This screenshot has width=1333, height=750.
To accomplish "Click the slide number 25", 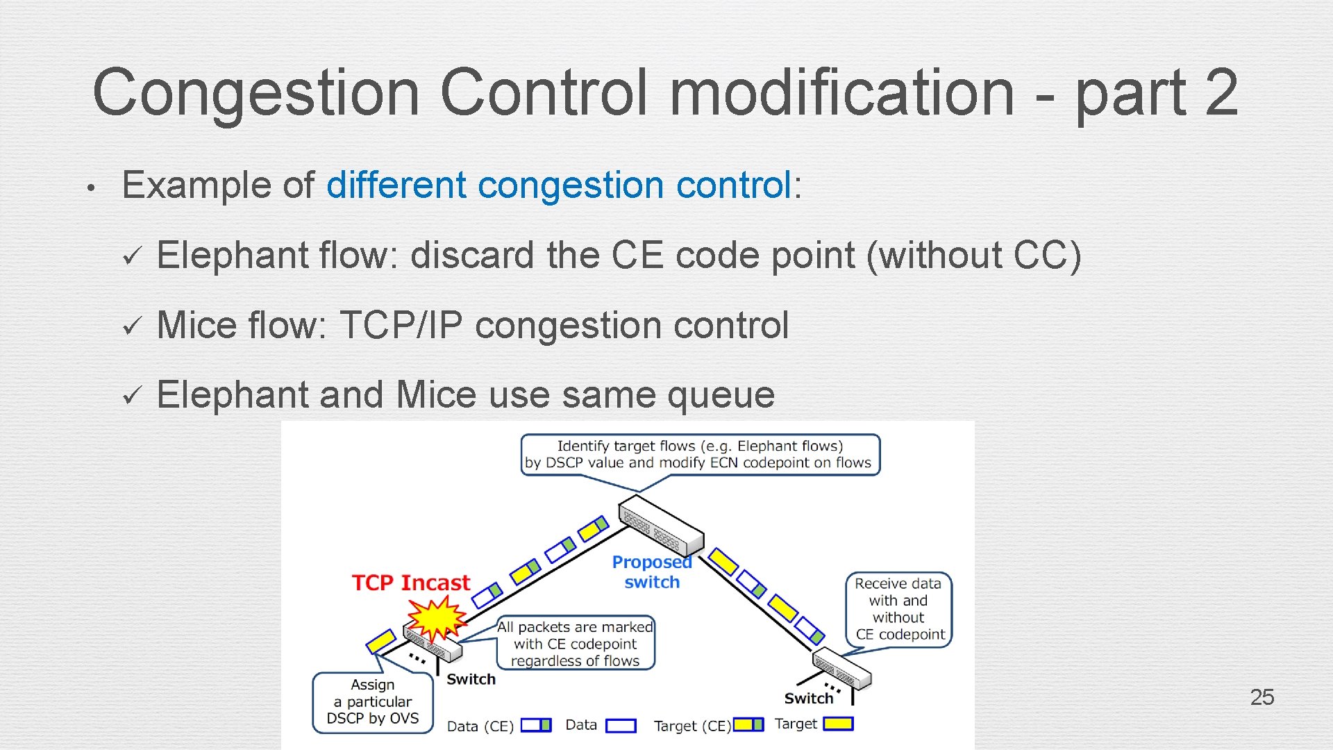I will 1261,697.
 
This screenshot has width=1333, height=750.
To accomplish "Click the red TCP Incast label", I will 410,583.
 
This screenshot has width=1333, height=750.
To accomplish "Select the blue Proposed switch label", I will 651,572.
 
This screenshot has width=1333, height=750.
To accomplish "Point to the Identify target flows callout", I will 700,455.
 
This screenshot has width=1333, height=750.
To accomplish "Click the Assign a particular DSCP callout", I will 373,701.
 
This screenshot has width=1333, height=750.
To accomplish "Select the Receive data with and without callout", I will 898,609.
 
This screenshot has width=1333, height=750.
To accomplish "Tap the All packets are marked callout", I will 576,644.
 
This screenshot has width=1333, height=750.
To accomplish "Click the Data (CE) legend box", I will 536,725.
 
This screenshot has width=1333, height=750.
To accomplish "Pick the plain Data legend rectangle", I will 621,725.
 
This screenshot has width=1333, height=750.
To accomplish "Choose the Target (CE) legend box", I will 748,724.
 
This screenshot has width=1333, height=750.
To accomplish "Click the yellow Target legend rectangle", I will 838,724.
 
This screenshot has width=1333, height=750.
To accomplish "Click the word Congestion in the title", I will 255,93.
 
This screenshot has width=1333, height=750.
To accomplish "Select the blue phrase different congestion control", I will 558,185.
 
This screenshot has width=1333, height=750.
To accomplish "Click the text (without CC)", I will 973,255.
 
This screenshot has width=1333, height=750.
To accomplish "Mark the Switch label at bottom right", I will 808,698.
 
